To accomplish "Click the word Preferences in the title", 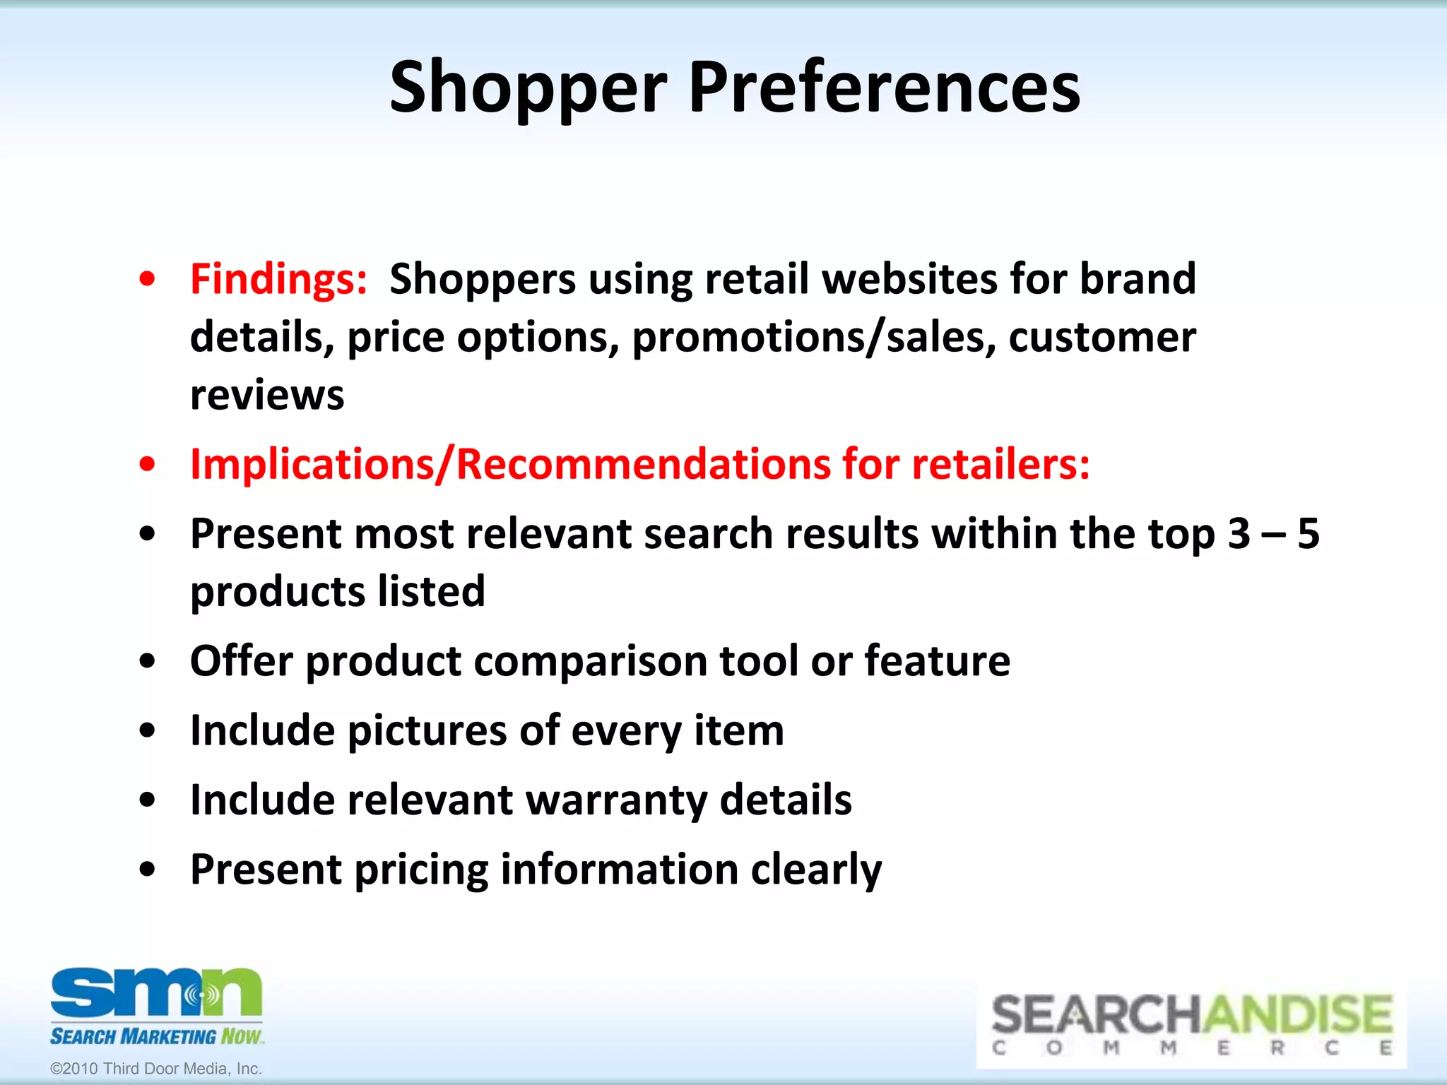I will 884,88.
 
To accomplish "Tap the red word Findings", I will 278,279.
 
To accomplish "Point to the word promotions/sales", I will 814,338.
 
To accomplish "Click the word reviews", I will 267,395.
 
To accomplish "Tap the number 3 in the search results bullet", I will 1239,533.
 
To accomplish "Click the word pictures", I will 427,730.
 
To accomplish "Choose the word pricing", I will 421,869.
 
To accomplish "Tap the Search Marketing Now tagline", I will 156,1036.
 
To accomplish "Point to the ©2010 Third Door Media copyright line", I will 156,1069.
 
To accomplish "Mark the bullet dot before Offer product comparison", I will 147,662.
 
